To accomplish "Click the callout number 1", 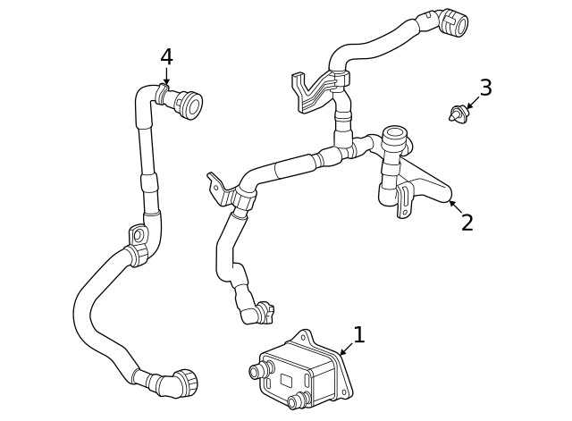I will tap(358, 335).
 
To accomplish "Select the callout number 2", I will tap(467, 223).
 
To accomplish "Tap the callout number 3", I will tap(485, 88).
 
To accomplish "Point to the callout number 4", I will tap(166, 57).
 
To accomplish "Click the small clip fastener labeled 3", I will tap(458, 114).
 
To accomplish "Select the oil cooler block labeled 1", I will tap(302, 370).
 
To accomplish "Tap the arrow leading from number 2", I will tap(453, 206).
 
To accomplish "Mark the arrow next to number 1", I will tap(345, 349).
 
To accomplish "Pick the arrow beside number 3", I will tap(472, 103).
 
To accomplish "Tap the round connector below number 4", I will tap(186, 105).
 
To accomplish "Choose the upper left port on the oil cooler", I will tap(260, 370).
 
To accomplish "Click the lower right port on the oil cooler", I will tap(301, 400).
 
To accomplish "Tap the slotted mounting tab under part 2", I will tap(405, 200).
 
